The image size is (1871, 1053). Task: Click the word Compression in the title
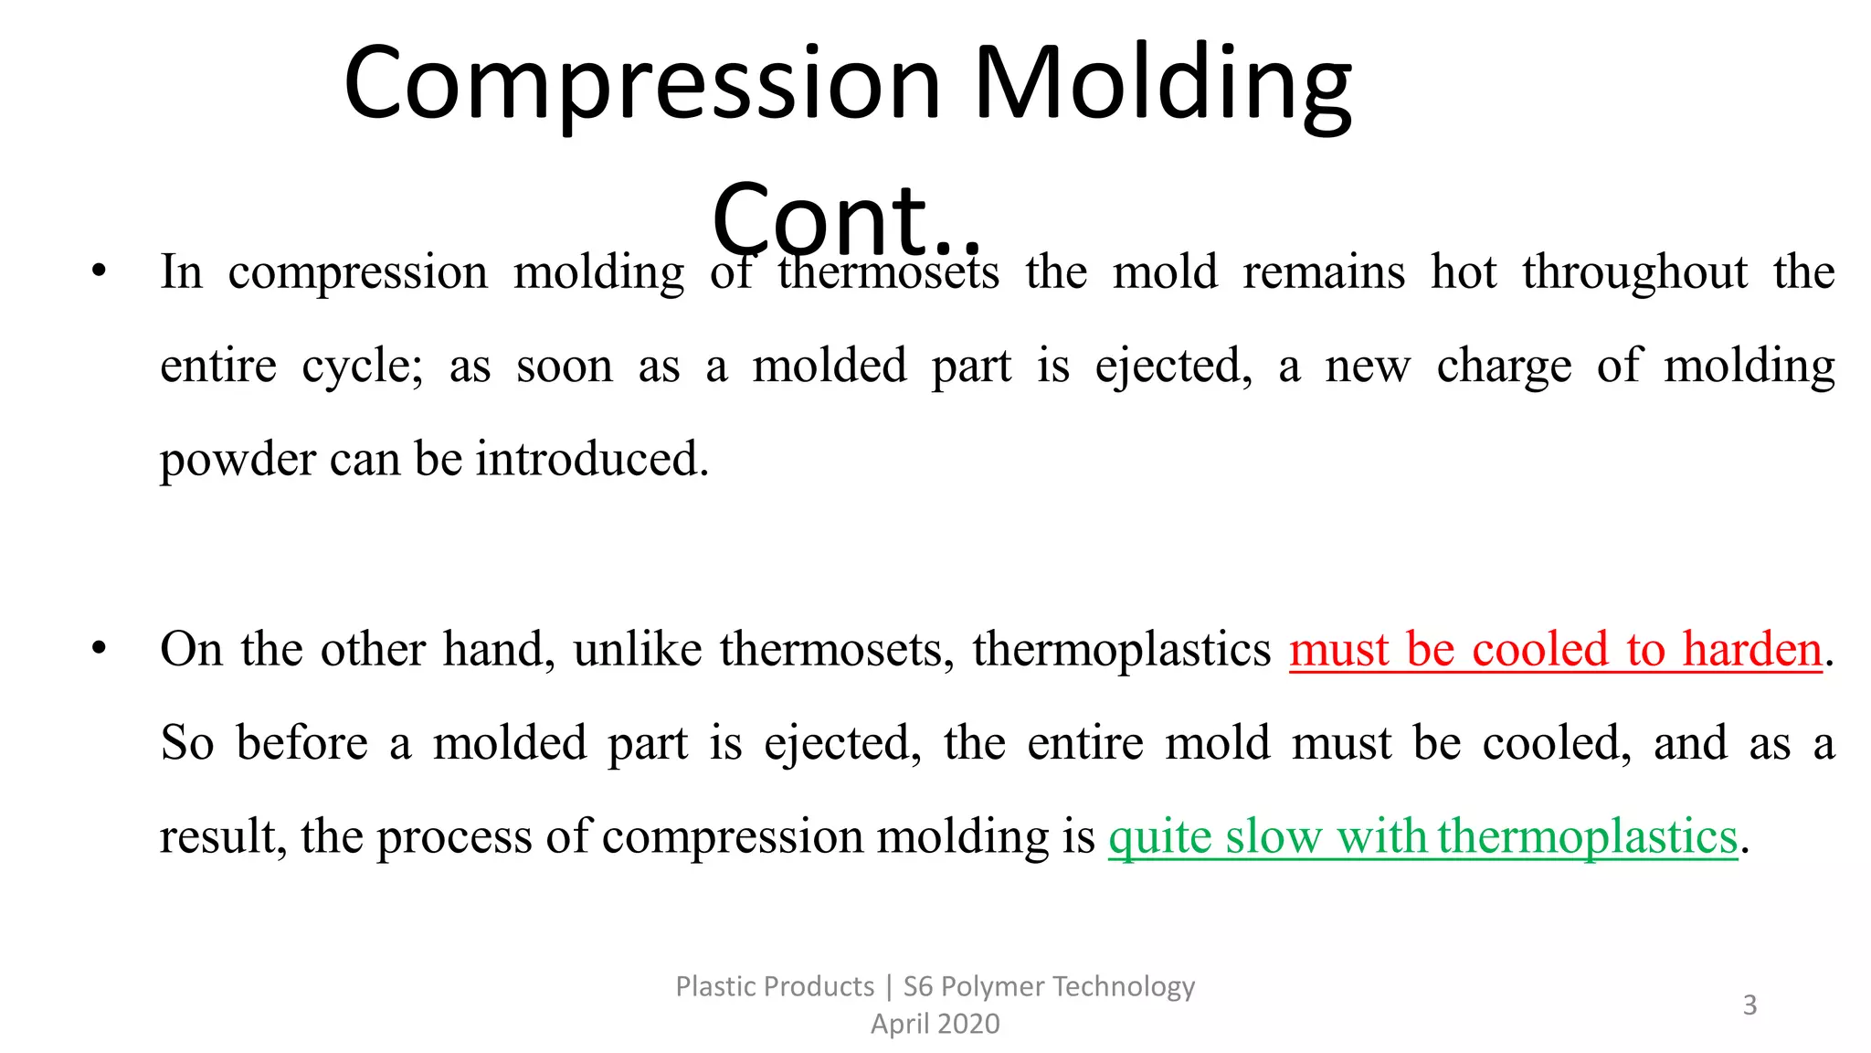coord(642,85)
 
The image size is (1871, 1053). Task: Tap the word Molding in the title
coord(1163,85)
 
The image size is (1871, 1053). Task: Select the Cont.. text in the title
coord(846,218)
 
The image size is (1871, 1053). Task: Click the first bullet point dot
coord(99,271)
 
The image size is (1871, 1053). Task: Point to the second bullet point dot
coord(99,648)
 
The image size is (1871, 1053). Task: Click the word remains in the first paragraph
coord(1324,272)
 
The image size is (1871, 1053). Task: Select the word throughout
coord(1635,272)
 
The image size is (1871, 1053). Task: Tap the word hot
coord(1464,271)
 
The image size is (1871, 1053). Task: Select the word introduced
coord(591,459)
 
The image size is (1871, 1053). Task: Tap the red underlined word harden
coord(1752,649)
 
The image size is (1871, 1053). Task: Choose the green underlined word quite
coord(1160,837)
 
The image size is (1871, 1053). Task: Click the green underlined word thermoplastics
coord(1588,837)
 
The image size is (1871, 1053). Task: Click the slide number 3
coord(1749,1005)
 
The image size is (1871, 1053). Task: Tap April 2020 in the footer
coord(935,1024)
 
